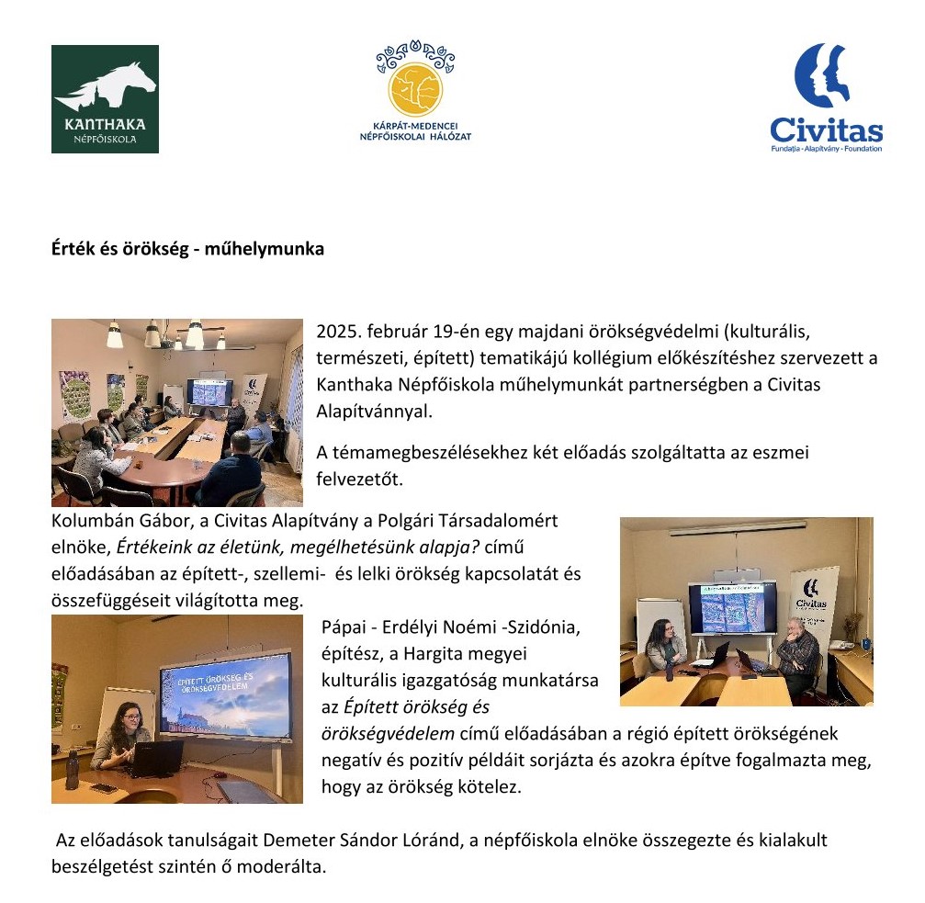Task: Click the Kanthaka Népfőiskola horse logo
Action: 105,98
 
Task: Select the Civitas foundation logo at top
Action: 826,96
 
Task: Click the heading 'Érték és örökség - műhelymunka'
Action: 187,249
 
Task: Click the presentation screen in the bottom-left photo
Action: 224,694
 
